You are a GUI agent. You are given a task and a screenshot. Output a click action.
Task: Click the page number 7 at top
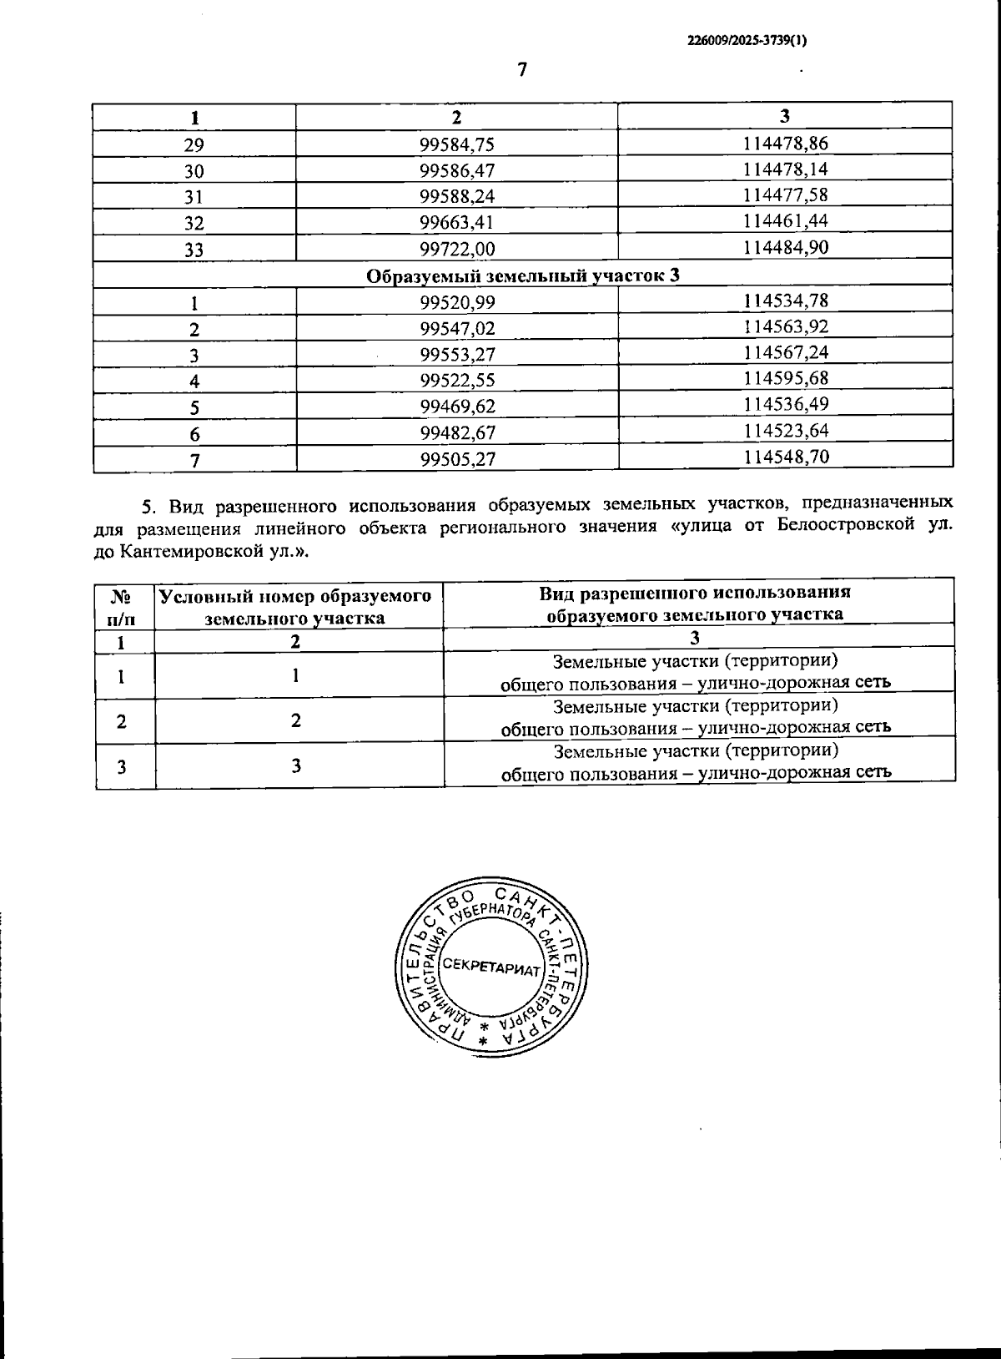[x=522, y=70]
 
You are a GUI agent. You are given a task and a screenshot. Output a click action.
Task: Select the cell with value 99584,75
[x=456, y=144]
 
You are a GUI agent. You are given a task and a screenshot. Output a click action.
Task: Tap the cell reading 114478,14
[x=785, y=169]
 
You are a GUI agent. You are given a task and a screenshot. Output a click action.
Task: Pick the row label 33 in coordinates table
[x=194, y=249]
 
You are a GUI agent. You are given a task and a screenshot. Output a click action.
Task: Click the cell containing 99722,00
[x=456, y=249]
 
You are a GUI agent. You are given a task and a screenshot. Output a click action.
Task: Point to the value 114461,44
[x=785, y=221]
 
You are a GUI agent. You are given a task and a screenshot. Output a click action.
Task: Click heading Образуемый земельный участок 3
[x=523, y=275]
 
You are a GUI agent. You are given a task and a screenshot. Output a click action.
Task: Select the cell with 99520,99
[x=456, y=302]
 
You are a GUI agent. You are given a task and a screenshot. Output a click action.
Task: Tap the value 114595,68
[x=785, y=379]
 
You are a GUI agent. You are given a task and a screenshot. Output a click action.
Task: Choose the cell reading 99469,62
[x=456, y=407]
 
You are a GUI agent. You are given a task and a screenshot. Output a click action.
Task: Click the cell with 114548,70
[x=785, y=457]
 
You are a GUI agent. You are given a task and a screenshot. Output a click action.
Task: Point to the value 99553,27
[x=456, y=355]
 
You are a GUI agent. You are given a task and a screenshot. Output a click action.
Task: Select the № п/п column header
[x=123, y=607]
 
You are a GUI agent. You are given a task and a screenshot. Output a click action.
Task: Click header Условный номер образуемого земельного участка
[x=295, y=607]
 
